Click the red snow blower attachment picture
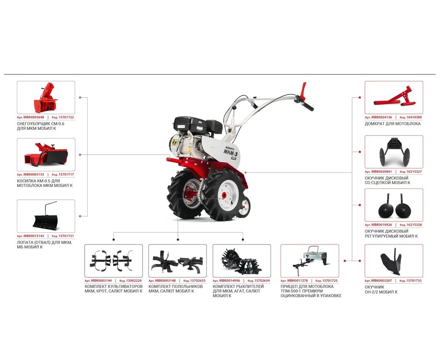(x=46, y=98)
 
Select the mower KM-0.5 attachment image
(x=46, y=154)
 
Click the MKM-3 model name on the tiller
(x=230, y=152)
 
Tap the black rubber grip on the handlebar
(x=308, y=107)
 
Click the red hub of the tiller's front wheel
(x=224, y=195)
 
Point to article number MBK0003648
(x=34, y=117)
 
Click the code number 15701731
(x=66, y=236)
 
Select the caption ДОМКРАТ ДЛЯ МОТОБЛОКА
(x=392, y=124)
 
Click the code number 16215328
(x=414, y=225)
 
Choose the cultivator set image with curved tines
(x=111, y=261)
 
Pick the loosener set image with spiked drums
(x=241, y=261)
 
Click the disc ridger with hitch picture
(x=394, y=152)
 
